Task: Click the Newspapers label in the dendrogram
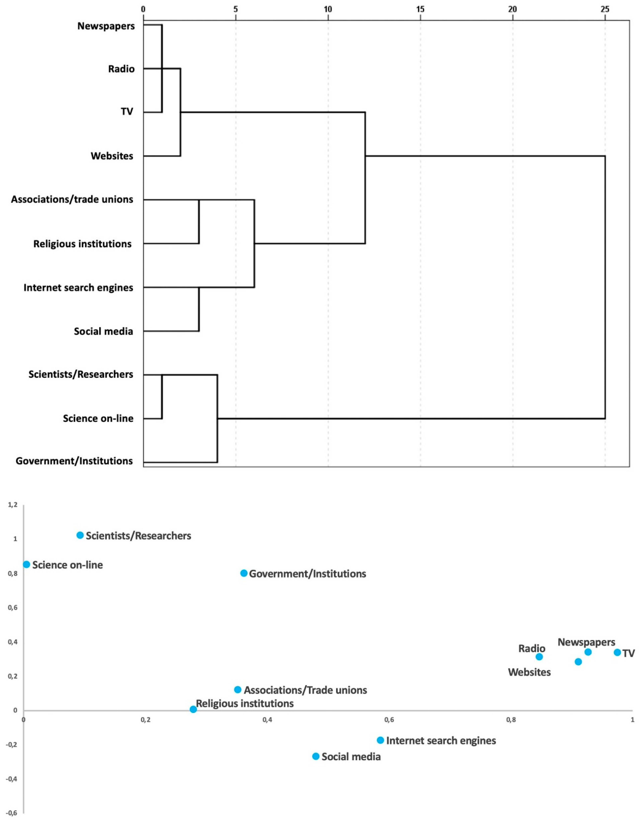(x=106, y=26)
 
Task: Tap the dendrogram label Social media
(x=103, y=331)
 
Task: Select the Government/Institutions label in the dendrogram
(x=74, y=461)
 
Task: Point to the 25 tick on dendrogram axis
(x=605, y=9)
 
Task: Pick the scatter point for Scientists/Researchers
(x=80, y=535)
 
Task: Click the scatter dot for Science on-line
(x=26, y=564)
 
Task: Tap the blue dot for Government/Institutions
(x=244, y=573)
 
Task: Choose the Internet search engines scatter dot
(x=380, y=740)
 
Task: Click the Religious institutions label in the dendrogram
(x=82, y=244)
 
